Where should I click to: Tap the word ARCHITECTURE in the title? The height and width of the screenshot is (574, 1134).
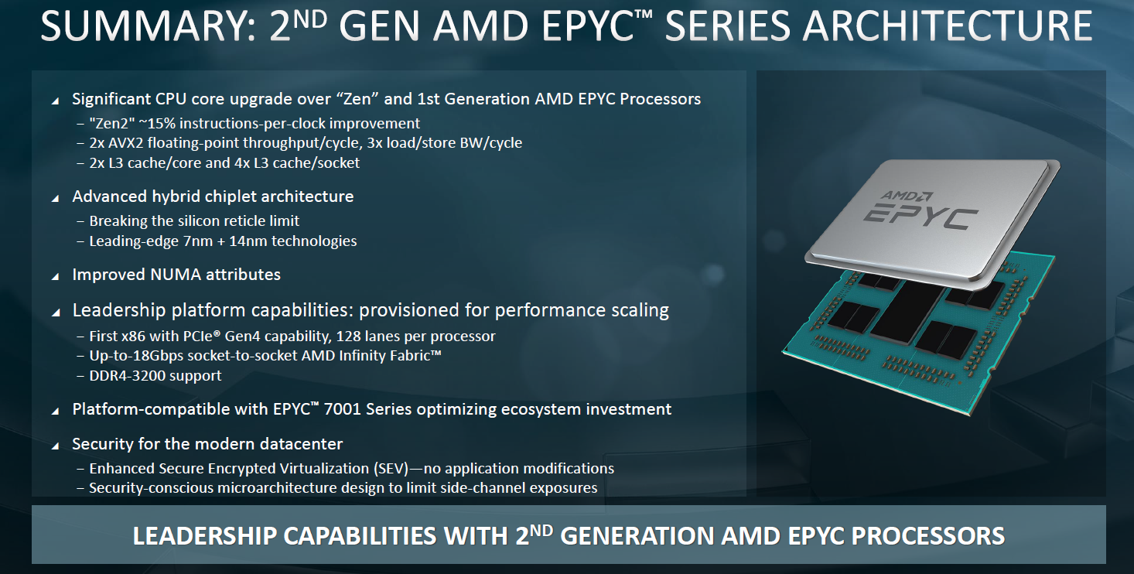tap(948, 26)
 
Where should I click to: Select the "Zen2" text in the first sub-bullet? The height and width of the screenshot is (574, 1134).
tap(112, 123)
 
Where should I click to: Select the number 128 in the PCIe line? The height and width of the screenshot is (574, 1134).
tap(347, 336)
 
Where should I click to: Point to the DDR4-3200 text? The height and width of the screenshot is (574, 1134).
tap(127, 376)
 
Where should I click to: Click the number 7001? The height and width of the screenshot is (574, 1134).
tap(342, 409)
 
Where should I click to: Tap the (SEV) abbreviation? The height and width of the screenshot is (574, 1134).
tap(391, 469)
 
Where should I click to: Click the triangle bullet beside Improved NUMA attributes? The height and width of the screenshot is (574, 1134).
tap(56, 276)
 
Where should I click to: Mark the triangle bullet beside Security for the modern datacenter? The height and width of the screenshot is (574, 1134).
tap(56, 446)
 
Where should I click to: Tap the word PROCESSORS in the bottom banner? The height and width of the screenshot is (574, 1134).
tap(929, 536)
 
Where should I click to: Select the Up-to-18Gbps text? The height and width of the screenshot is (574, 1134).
tap(137, 357)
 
